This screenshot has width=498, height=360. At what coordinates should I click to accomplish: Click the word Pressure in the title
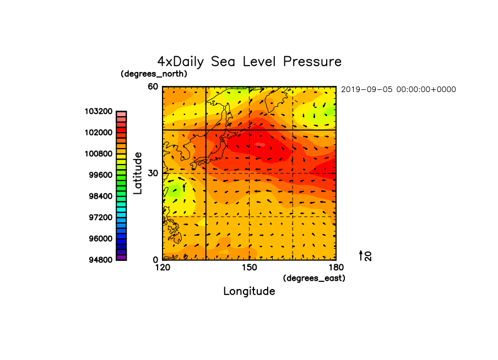click(x=312, y=61)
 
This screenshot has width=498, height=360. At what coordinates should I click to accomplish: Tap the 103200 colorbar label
click(x=99, y=111)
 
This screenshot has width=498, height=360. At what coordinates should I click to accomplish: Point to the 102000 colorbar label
click(x=99, y=132)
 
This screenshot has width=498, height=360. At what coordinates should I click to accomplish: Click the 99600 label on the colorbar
click(x=101, y=175)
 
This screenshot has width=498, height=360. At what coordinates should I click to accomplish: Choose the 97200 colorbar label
click(x=101, y=217)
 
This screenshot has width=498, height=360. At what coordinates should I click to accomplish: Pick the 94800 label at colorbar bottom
click(x=101, y=260)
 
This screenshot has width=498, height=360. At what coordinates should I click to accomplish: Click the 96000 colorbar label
click(x=101, y=239)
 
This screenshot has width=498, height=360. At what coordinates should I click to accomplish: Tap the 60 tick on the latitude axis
click(x=153, y=86)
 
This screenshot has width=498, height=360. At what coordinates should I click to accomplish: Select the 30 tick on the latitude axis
click(x=153, y=173)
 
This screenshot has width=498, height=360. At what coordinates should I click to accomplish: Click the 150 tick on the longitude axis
click(x=250, y=268)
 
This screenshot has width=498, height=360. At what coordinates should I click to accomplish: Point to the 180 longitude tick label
click(x=336, y=268)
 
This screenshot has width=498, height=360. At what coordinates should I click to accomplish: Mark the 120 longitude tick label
click(x=163, y=268)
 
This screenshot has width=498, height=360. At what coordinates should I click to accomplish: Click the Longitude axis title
click(x=250, y=291)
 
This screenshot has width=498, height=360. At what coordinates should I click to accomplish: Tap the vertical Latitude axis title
click(x=138, y=173)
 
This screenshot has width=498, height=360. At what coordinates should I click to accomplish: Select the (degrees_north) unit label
click(x=154, y=74)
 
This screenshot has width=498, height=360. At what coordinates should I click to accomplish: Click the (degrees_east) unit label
click(x=314, y=279)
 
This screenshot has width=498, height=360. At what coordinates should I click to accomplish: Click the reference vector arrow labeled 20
click(x=361, y=255)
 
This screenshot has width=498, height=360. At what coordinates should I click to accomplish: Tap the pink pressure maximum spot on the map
click(x=260, y=145)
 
